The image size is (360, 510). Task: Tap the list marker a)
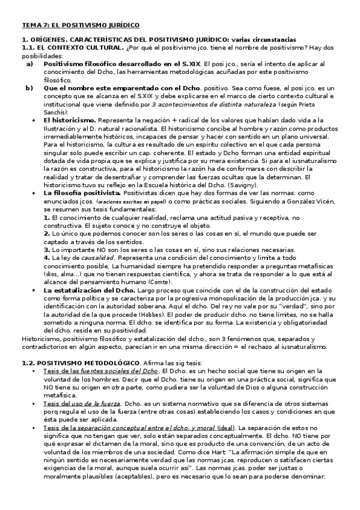point(29,63)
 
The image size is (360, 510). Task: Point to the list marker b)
point(29,88)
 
